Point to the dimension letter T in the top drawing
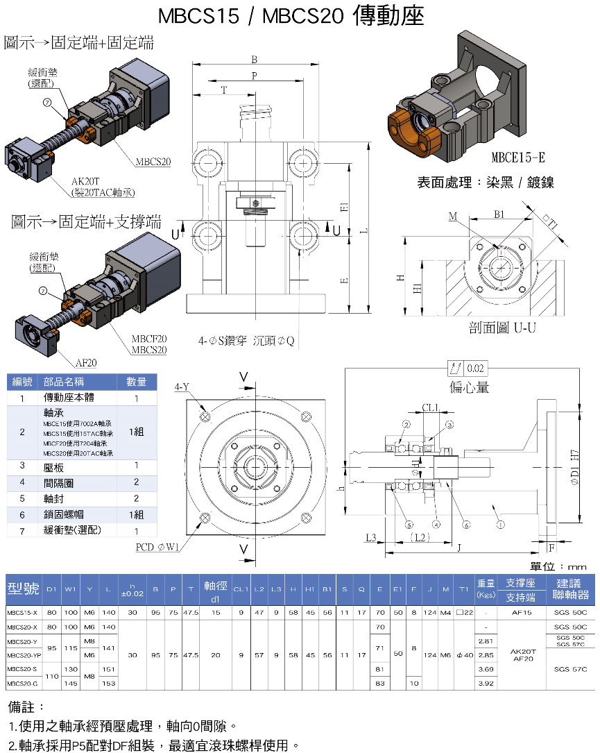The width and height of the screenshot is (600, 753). (x=223, y=90)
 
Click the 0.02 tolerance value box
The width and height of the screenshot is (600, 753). (x=476, y=368)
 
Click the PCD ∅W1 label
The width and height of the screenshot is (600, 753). (x=158, y=546)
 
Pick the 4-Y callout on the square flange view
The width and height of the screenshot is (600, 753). (x=182, y=387)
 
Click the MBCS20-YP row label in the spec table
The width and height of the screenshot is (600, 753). (x=23, y=654)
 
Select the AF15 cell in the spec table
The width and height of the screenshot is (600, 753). (x=520, y=613)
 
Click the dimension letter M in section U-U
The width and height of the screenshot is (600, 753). (x=453, y=217)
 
